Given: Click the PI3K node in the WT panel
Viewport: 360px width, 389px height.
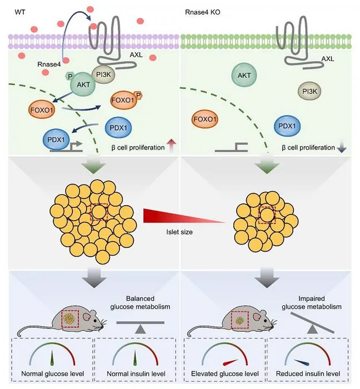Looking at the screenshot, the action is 103,74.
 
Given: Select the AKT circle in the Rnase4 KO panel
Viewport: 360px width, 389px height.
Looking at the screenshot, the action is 244,76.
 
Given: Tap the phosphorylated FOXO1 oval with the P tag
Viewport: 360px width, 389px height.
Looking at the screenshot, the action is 123,100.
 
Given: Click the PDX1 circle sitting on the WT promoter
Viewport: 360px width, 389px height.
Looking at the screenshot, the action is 56,139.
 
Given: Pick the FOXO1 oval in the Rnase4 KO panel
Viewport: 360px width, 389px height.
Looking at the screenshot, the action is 205,119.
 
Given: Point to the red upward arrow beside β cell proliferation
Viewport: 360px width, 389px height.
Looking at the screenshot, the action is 171,146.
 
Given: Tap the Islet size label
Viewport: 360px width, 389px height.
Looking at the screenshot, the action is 179,232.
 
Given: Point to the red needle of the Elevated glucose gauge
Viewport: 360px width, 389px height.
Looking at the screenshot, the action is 231,362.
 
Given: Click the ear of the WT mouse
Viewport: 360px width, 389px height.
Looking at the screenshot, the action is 87,316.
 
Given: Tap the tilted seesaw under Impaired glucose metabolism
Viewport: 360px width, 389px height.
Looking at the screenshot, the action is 312,322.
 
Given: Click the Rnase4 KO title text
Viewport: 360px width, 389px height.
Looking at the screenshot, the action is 203,12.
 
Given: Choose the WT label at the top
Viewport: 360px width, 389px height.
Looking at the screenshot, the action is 20,12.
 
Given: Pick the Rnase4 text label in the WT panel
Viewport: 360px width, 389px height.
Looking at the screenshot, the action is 49,64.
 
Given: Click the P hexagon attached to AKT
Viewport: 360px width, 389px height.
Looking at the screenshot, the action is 69,77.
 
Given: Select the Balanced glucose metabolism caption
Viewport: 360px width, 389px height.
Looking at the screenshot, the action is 140,302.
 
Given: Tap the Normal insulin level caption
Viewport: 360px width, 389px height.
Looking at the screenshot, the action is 136,373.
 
